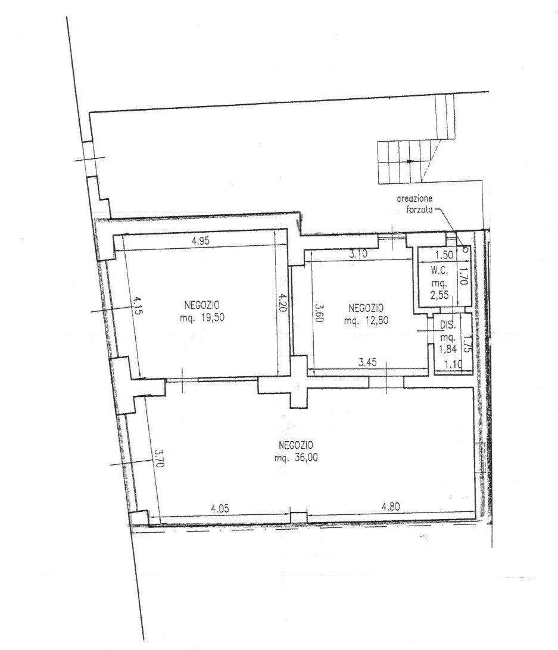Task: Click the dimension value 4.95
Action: pos(201,241)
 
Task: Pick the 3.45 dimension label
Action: pos(367,362)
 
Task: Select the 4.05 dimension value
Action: pos(220,508)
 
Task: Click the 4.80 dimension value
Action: pos(391,507)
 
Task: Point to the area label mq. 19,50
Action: pos(202,318)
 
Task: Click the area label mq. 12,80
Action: pos(366,320)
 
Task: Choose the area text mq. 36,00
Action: pos(296,458)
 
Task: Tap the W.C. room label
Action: pos(439,271)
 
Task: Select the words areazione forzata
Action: pos(414,204)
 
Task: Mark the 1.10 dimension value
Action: pos(453,365)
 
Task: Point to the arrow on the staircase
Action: pos(409,161)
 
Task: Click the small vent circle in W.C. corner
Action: pos(465,249)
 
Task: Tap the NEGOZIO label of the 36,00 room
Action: pos(296,445)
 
